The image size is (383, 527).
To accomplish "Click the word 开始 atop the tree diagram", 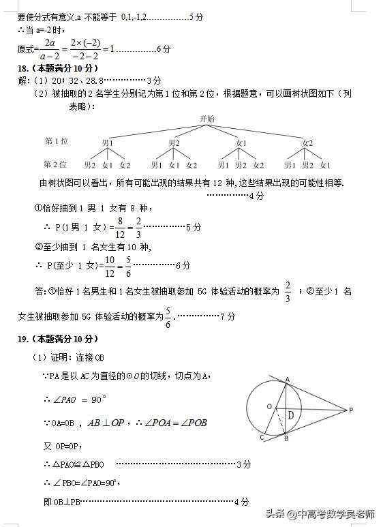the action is [206, 119].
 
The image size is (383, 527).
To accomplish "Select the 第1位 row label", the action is [57, 141].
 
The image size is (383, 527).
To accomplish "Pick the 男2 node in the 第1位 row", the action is [174, 142].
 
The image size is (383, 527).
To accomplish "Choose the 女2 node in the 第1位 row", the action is [307, 142].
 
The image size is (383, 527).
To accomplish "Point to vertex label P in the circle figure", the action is [351, 410].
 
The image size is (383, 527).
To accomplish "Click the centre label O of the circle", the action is [270, 407].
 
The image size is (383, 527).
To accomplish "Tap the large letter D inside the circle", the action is [290, 415].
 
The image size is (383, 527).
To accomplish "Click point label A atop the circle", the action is [287, 379].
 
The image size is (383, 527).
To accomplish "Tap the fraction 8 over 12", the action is [120, 227].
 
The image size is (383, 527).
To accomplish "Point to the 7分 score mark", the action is [228, 316].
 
